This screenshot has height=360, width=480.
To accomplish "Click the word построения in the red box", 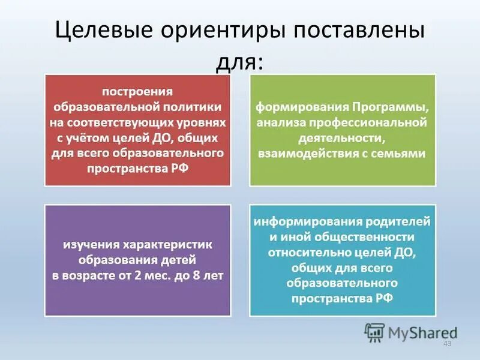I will coord(137,91).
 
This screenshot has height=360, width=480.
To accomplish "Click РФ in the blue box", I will coord(385,299).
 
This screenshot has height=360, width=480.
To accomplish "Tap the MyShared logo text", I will coord(423,331).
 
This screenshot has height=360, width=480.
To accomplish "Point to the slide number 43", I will coord(446,343).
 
